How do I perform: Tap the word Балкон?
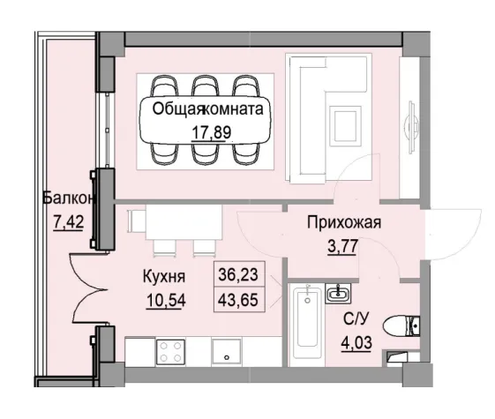click(x=67, y=199)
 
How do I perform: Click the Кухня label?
click(x=164, y=274)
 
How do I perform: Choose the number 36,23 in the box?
click(x=238, y=274)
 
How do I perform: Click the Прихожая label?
click(x=344, y=222)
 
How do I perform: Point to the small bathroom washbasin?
click(x=338, y=292)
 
